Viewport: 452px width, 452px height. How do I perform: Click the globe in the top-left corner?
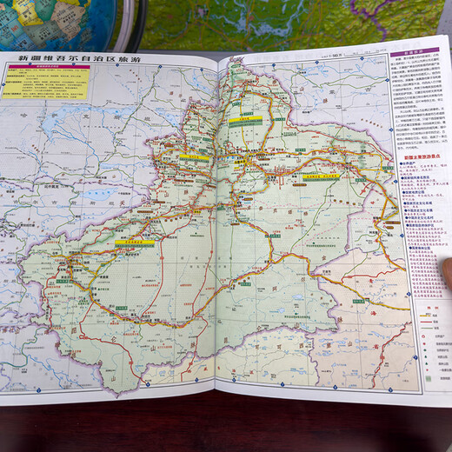[61, 22]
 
